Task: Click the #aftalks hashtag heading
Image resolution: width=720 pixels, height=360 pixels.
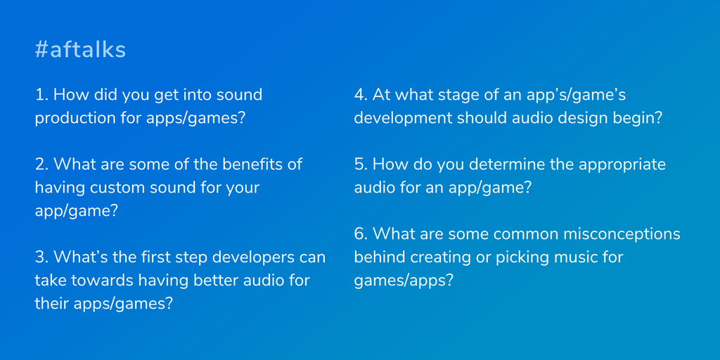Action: (80, 50)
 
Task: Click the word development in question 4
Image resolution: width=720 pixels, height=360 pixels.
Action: (401, 119)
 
